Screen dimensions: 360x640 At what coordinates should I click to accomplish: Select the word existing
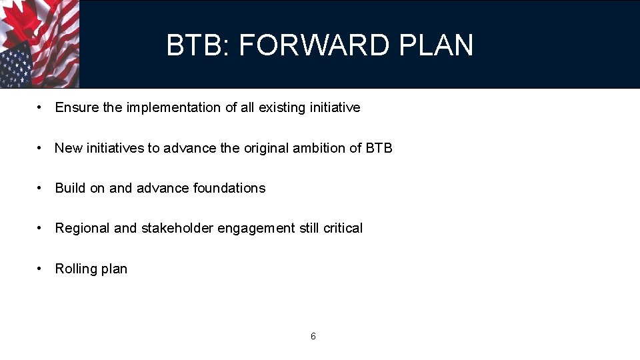(282, 107)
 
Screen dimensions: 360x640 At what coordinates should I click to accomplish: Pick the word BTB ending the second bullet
(379, 148)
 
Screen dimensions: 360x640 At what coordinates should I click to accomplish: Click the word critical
(343, 228)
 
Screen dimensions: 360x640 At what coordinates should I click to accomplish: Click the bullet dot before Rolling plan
(41, 269)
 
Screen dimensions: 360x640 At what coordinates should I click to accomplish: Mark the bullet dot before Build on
(41, 188)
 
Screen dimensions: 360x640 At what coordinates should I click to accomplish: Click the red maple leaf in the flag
(23, 20)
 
